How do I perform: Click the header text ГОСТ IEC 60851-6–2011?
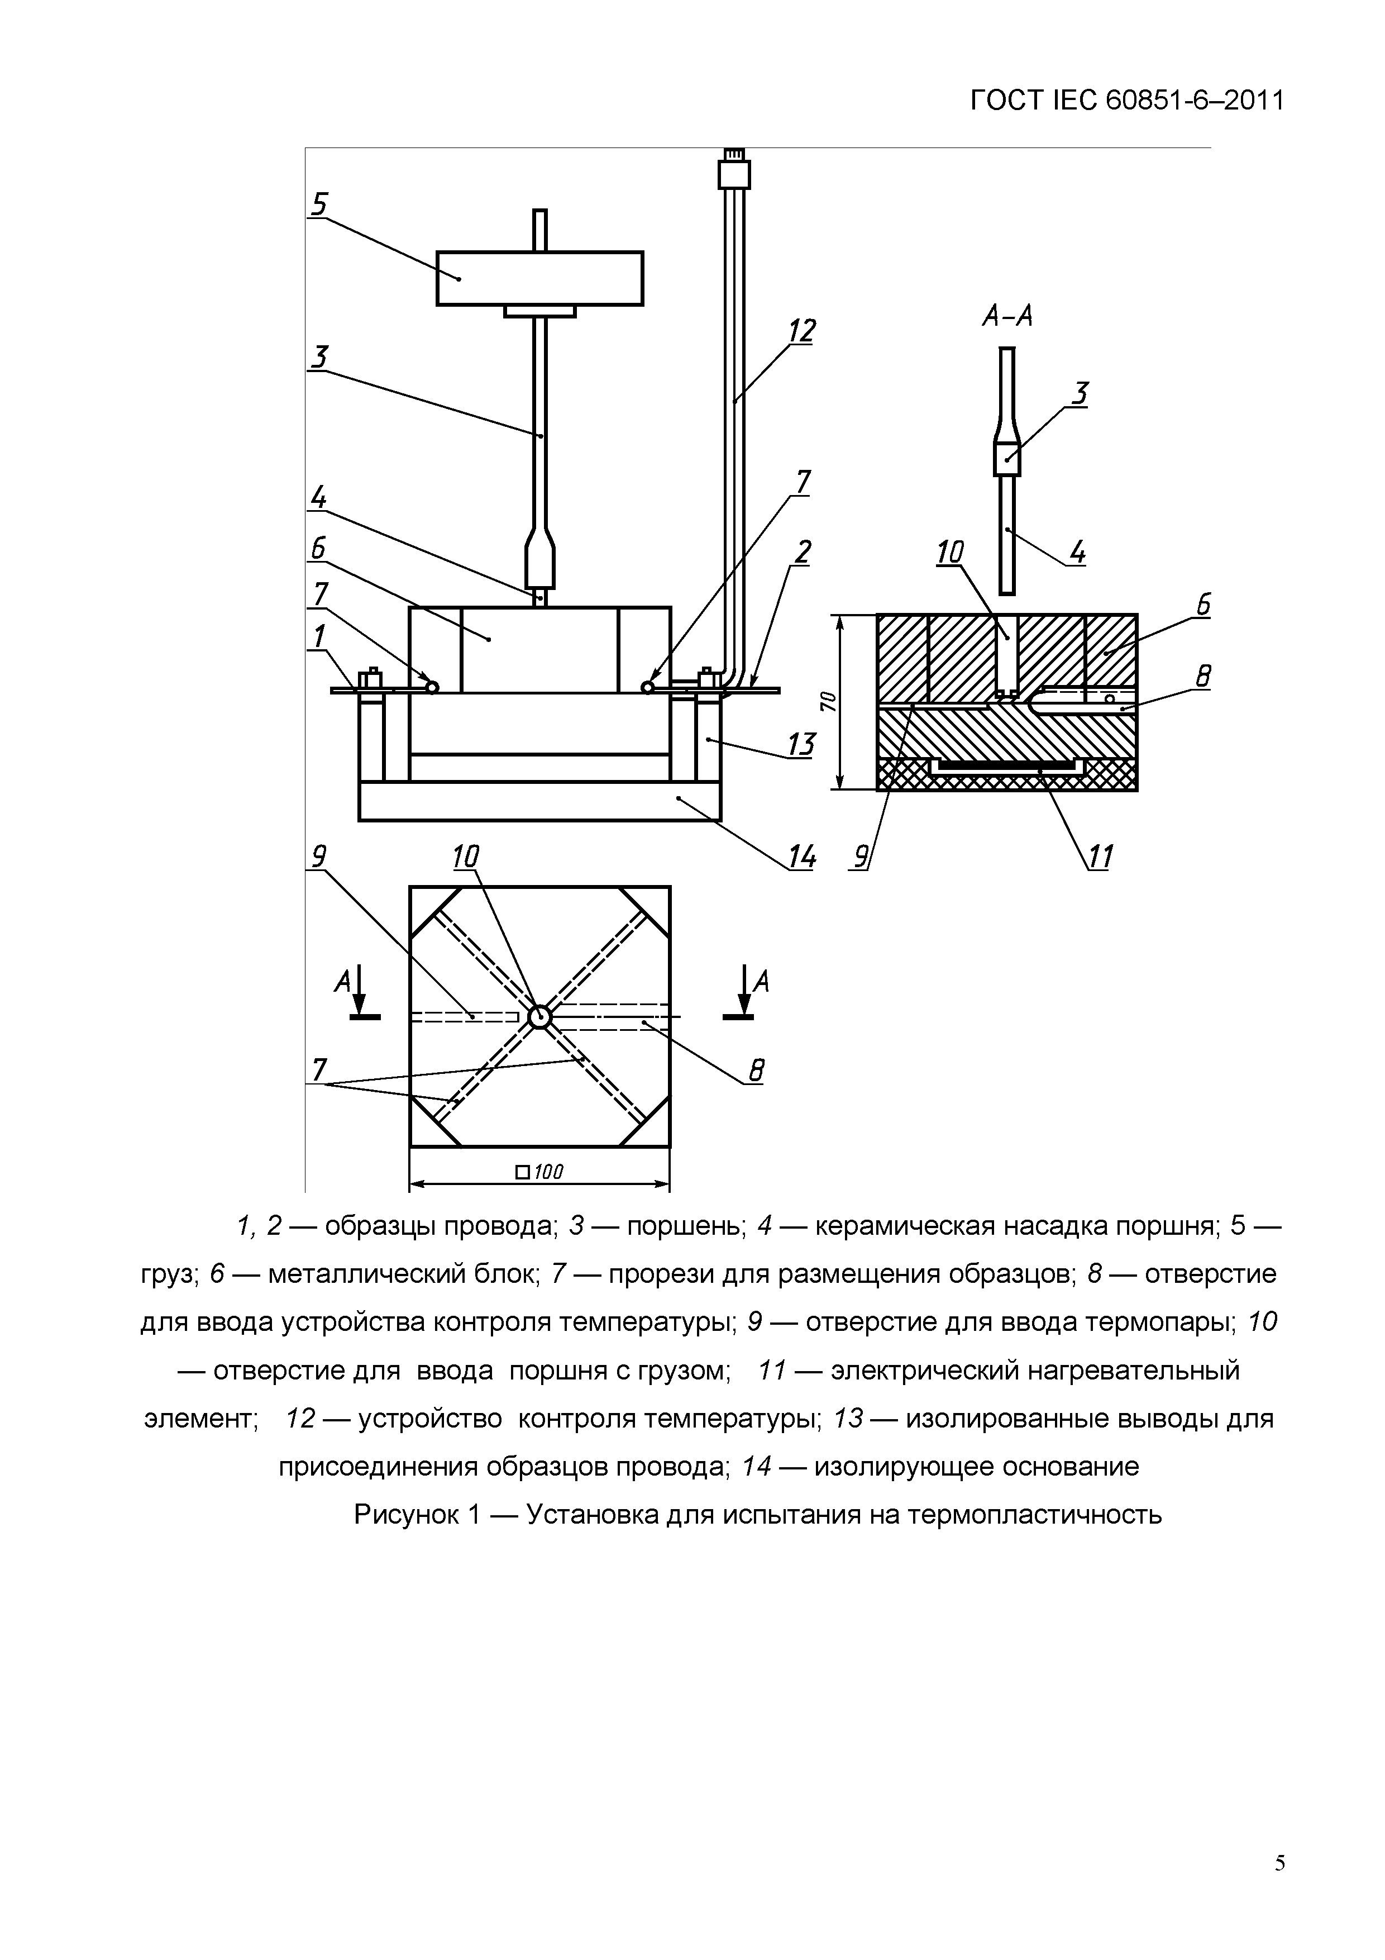click(1126, 101)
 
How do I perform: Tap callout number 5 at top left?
click(319, 204)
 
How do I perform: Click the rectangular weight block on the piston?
click(539, 278)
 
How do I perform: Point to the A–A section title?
click(1007, 317)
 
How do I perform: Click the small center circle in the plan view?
click(539, 1017)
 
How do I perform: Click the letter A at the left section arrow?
click(342, 983)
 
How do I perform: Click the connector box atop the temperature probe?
click(734, 174)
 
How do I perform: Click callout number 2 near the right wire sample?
click(801, 553)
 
